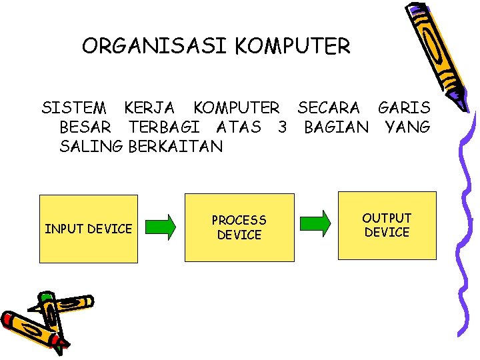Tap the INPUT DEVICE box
click(89, 229)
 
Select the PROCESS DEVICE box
click(239, 227)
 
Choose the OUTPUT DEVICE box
click(387, 225)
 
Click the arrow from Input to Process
click(161, 226)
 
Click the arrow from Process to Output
click(315, 223)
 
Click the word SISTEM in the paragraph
click(73, 107)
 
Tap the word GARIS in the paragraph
click(404, 107)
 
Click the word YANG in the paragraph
click(407, 127)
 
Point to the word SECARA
click(329, 107)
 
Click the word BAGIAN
click(336, 127)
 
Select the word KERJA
click(149, 107)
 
